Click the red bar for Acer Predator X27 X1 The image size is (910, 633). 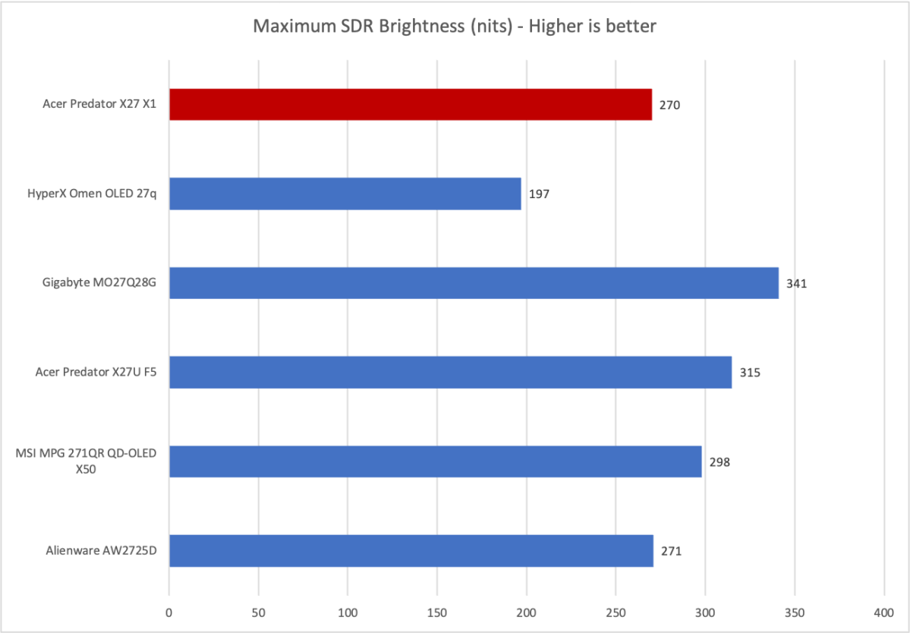click(410, 105)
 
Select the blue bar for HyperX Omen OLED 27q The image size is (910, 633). click(345, 194)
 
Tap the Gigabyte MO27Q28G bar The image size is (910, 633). click(474, 283)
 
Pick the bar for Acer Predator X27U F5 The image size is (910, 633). click(450, 372)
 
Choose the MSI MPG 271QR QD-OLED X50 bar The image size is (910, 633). click(435, 461)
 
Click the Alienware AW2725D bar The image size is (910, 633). click(411, 550)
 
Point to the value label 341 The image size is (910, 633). click(796, 284)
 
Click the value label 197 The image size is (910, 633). click(539, 194)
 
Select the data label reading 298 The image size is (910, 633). click(719, 462)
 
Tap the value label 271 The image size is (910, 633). click(671, 551)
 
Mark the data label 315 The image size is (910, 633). click(750, 373)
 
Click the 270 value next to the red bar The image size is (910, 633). click(669, 106)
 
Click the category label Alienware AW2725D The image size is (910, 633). click(105, 551)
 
